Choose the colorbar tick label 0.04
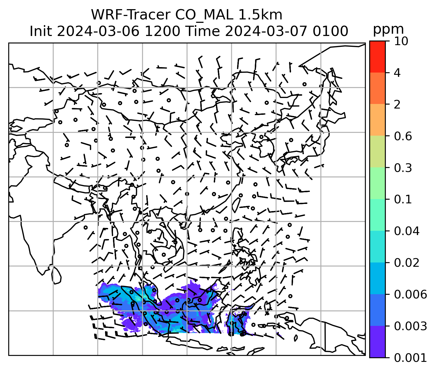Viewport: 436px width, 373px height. point(407,231)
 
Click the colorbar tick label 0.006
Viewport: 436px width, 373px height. point(410,294)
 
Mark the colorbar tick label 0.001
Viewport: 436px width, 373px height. point(410,358)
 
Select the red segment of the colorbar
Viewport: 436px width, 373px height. point(377,57)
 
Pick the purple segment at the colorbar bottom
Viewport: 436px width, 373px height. point(377,342)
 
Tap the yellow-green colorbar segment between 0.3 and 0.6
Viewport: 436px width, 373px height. point(377,152)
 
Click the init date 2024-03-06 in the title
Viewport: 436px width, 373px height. point(99,31)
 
